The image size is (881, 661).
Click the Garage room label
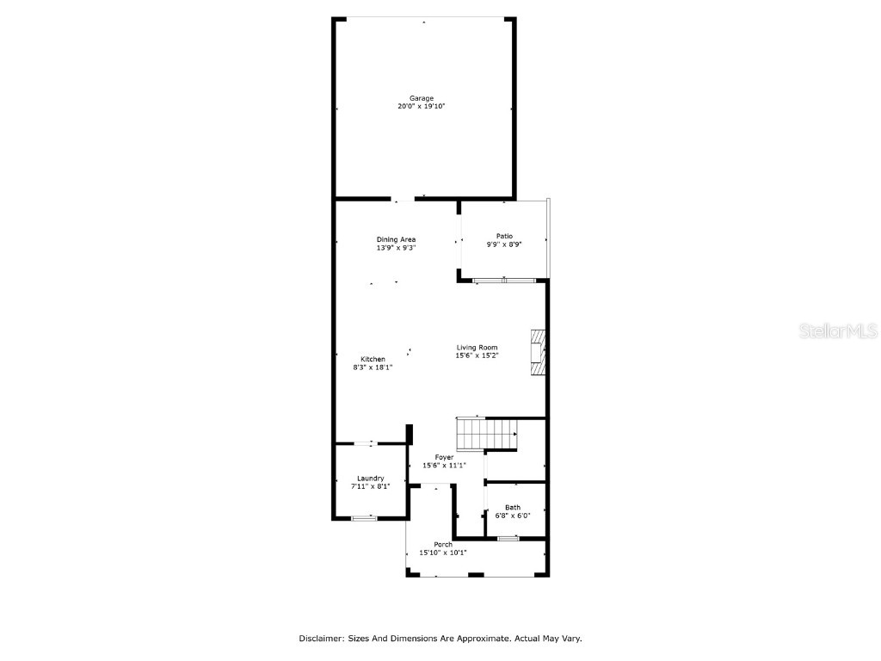coord(422,98)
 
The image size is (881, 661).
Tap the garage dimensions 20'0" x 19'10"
coord(422,107)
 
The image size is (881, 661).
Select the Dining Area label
coord(396,239)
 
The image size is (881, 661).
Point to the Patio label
coord(504,236)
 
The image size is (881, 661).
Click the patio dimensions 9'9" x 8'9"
coord(504,244)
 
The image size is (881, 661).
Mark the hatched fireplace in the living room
coord(538,352)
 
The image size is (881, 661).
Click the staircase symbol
coord(486,434)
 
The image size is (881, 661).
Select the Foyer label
coord(444,457)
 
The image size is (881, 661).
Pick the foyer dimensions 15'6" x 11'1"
coord(444,466)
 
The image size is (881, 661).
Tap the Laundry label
coord(370,479)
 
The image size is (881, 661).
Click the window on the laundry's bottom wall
coord(365,518)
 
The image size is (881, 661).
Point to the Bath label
coord(513,507)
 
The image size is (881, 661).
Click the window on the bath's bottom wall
coord(508,539)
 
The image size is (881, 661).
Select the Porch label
coord(443,544)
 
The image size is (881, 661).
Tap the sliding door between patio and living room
coord(504,281)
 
